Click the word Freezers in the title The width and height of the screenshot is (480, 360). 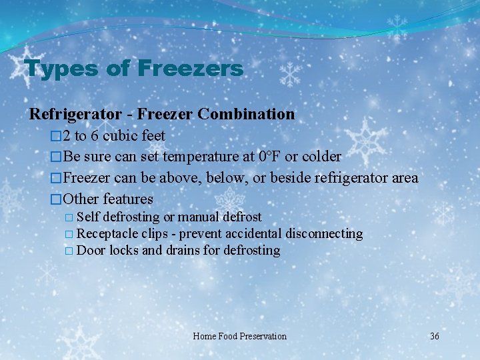(x=191, y=69)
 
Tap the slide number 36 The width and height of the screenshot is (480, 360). (x=435, y=336)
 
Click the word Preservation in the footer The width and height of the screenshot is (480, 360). (x=260, y=336)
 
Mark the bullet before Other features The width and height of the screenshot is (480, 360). (x=56, y=199)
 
